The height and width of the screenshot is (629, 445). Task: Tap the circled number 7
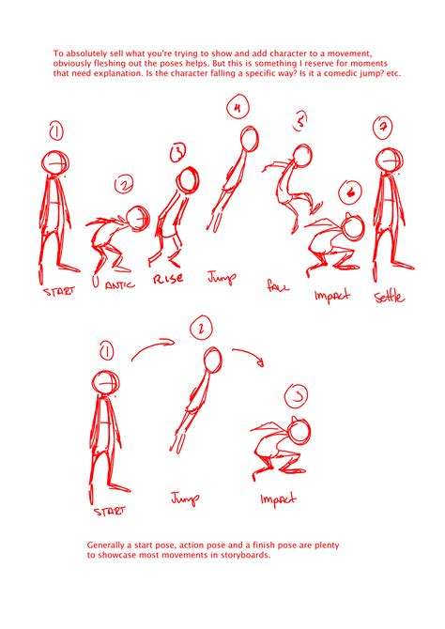click(x=381, y=126)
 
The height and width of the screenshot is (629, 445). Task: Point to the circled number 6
click(x=348, y=194)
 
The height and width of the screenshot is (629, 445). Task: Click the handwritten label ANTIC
click(x=117, y=282)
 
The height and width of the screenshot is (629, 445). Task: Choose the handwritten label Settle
click(x=390, y=297)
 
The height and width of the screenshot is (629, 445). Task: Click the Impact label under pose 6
click(x=330, y=296)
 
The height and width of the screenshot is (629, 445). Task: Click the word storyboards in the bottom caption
click(x=242, y=555)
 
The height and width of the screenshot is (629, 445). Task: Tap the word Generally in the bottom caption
click(x=110, y=545)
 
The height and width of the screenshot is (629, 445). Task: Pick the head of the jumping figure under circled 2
click(x=213, y=360)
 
